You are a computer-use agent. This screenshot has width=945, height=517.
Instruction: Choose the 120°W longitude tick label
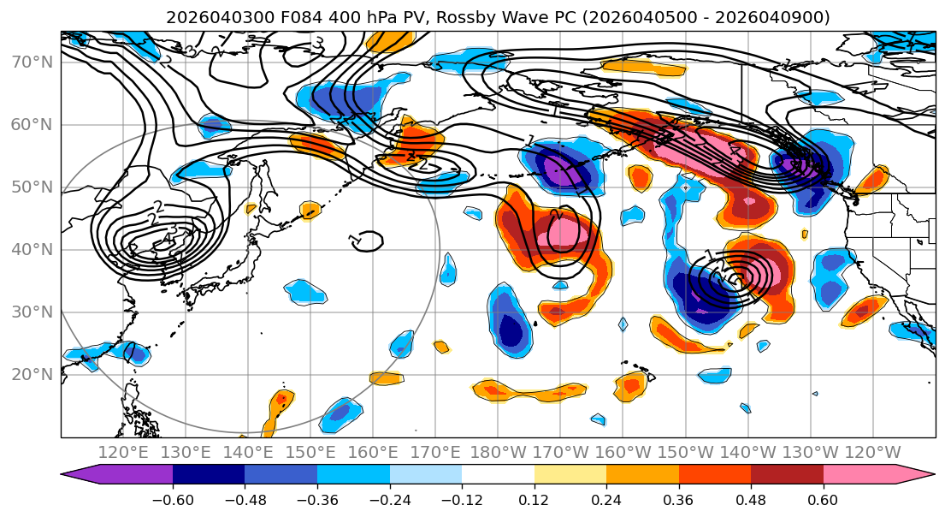coord(872,452)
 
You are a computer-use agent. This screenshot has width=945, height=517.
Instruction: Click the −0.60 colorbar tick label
coord(173,498)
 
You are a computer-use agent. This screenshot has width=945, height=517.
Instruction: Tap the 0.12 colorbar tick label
coord(534,498)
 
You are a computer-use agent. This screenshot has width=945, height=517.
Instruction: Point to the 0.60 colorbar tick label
coord(823,498)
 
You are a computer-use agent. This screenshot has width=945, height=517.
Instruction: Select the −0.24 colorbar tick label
coord(389,498)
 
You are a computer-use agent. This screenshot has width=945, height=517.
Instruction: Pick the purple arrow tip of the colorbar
coord(73,475)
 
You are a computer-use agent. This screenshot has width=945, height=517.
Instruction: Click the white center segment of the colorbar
coord(498,475)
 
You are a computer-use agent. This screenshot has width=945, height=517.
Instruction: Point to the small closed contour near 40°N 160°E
coord(366,241)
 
